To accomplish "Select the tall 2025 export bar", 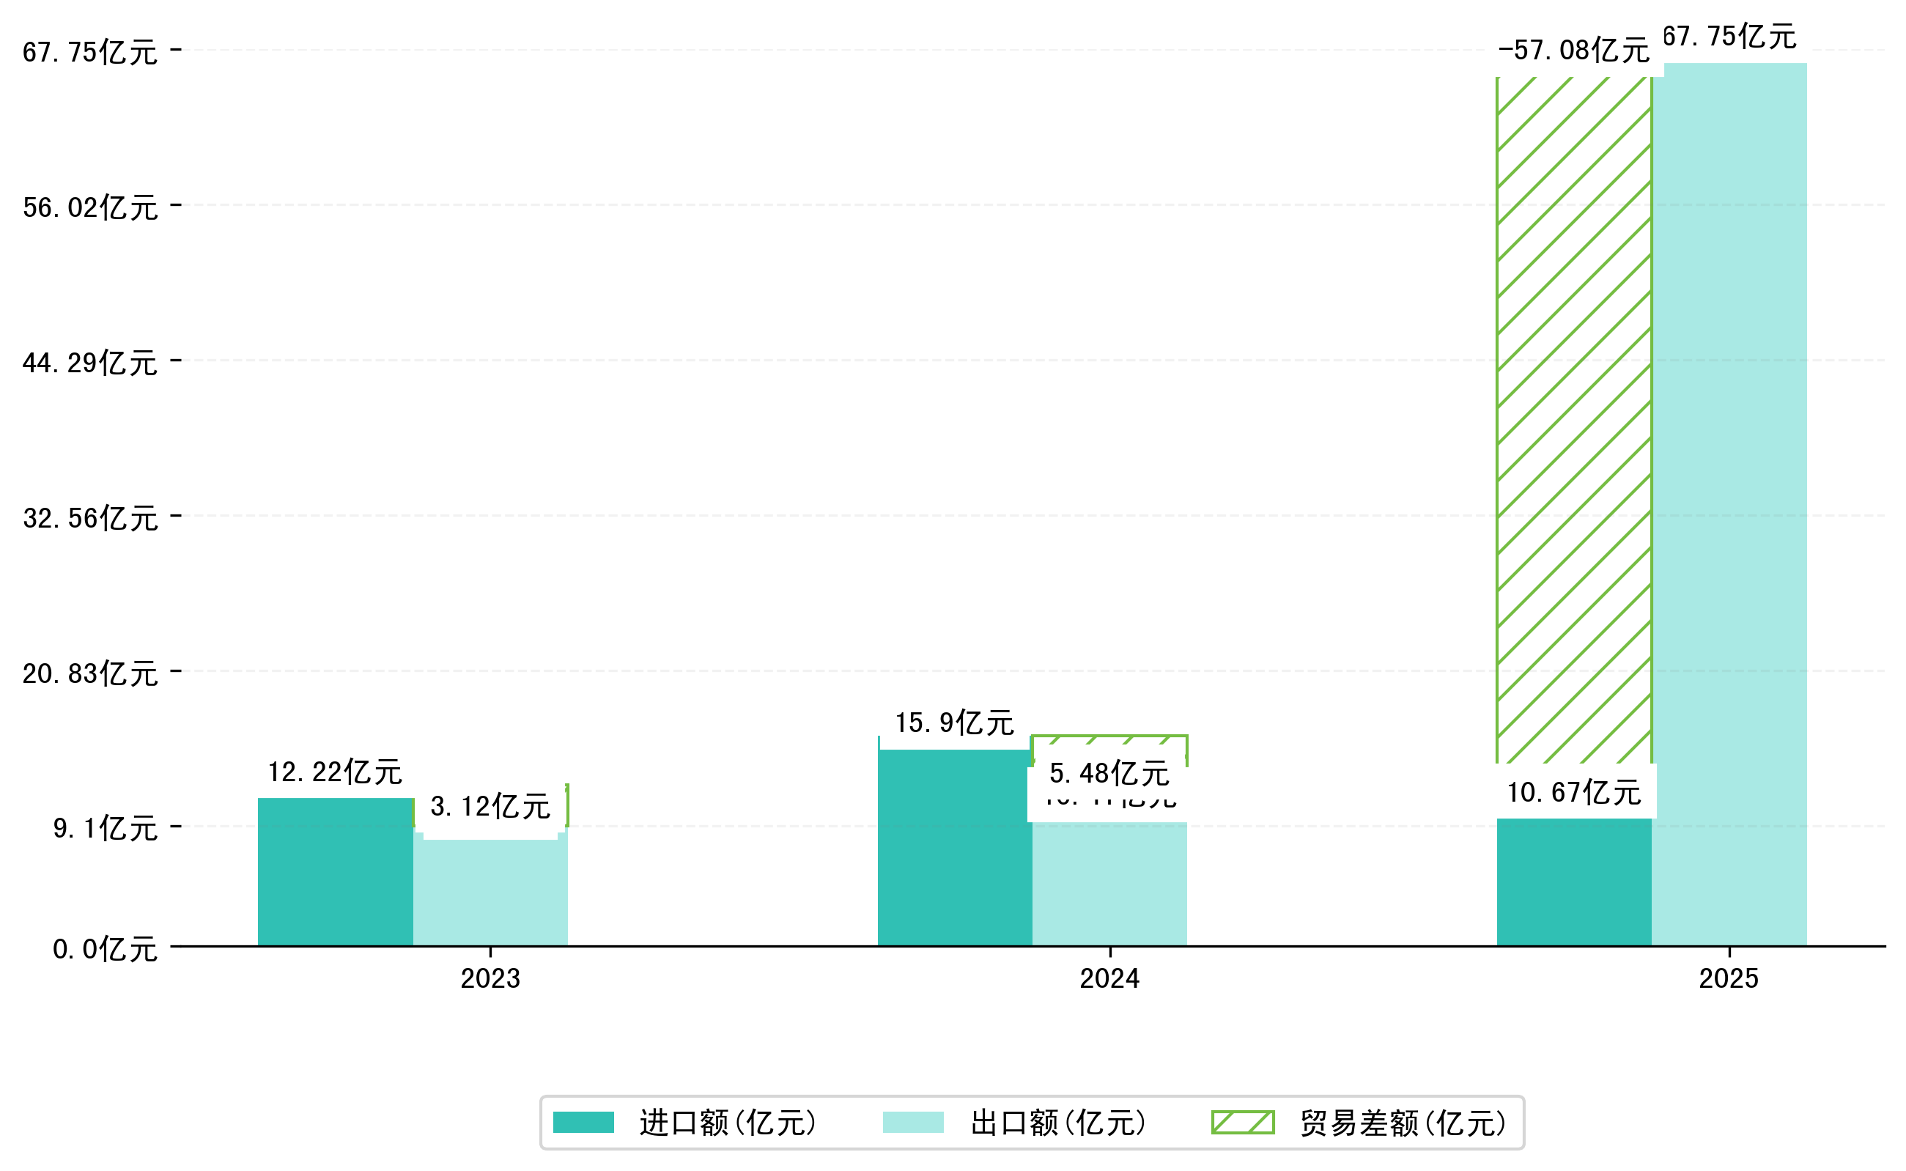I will [1729, 503].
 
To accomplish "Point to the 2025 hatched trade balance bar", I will [1573, 418].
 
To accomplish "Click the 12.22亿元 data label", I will [335, 772].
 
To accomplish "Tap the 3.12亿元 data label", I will [490, 806].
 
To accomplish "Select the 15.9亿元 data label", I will [954, 723].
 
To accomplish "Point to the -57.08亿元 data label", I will [1573, 51].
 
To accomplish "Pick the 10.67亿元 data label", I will [1573, 792].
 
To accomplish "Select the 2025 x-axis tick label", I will [1729, 979].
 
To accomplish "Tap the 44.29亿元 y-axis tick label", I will [90, 363].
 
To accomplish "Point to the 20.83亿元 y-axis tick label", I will [90, 673].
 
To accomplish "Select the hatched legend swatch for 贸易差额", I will [1242, 1122].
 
